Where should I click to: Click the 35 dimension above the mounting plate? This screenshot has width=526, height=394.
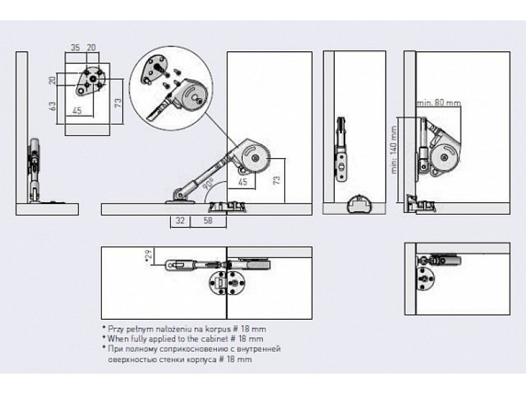75,48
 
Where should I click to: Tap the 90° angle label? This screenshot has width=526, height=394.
208,185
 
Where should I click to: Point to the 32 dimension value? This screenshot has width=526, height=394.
180,221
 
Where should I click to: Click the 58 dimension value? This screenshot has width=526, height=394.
207,221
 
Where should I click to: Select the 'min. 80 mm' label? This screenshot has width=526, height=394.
439,102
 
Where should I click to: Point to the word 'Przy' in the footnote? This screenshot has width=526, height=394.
115,328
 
